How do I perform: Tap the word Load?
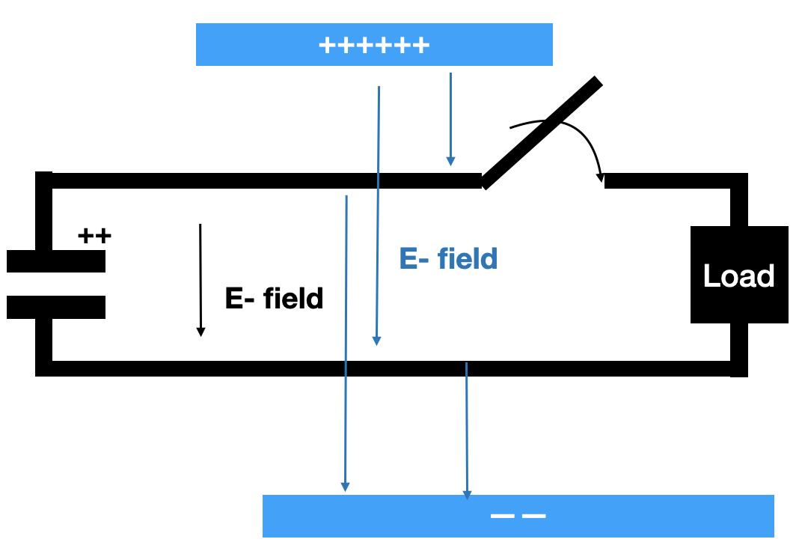click(x=738, y=276)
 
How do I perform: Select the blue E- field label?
click(x=448, y=258)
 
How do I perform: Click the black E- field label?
click(x=274, y=298)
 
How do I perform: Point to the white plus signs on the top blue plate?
click(x=374, y=46)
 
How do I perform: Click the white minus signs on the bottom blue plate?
click(x=518, y=516)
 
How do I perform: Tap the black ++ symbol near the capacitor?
click(x=94, y=237)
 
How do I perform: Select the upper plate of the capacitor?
click(x=56, y=261)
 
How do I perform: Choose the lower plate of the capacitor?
click(x=56, y=307)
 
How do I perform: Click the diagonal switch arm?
click(x=542, y=133)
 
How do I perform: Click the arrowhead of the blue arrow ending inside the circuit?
click(x=377, y=340)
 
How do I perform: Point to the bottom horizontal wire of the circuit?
click(x=224, y=368)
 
